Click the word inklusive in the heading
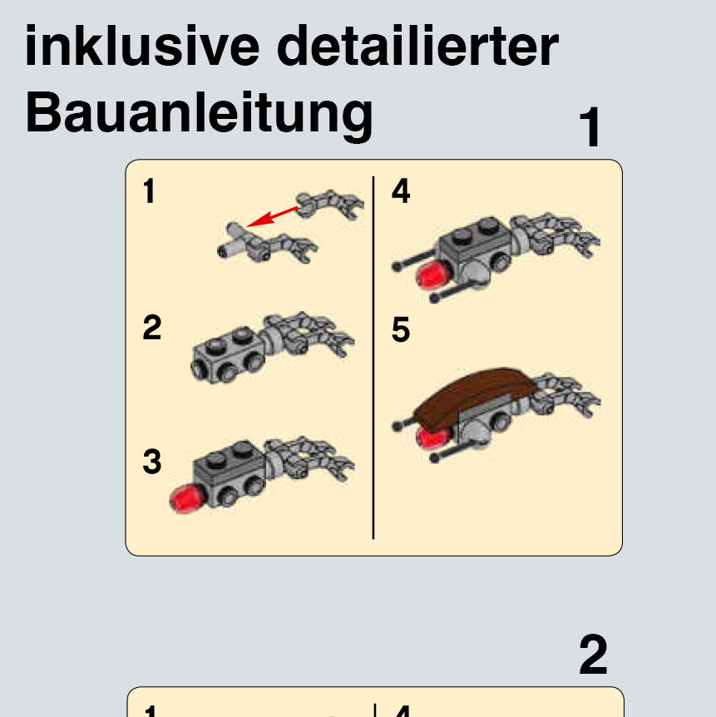click(x=142, y=46)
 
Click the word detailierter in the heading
click(x=418, y=46)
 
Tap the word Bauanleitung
click(x=199, y=113)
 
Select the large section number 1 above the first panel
click(x=590, y=127)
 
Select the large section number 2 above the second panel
click(x=593, y=654)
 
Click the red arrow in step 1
click(x=273, y=215)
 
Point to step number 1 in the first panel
click(x=149, y=190)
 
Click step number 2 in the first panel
click(x=152, y=327)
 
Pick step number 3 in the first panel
click(x=152, y=462)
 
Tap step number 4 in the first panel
click(x=401, y=190)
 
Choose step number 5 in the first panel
click(x=401, y=329)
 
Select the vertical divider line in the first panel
click(x=373, y=358)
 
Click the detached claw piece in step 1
click(x=330, y=204)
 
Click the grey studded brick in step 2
click(x=227, y=355)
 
